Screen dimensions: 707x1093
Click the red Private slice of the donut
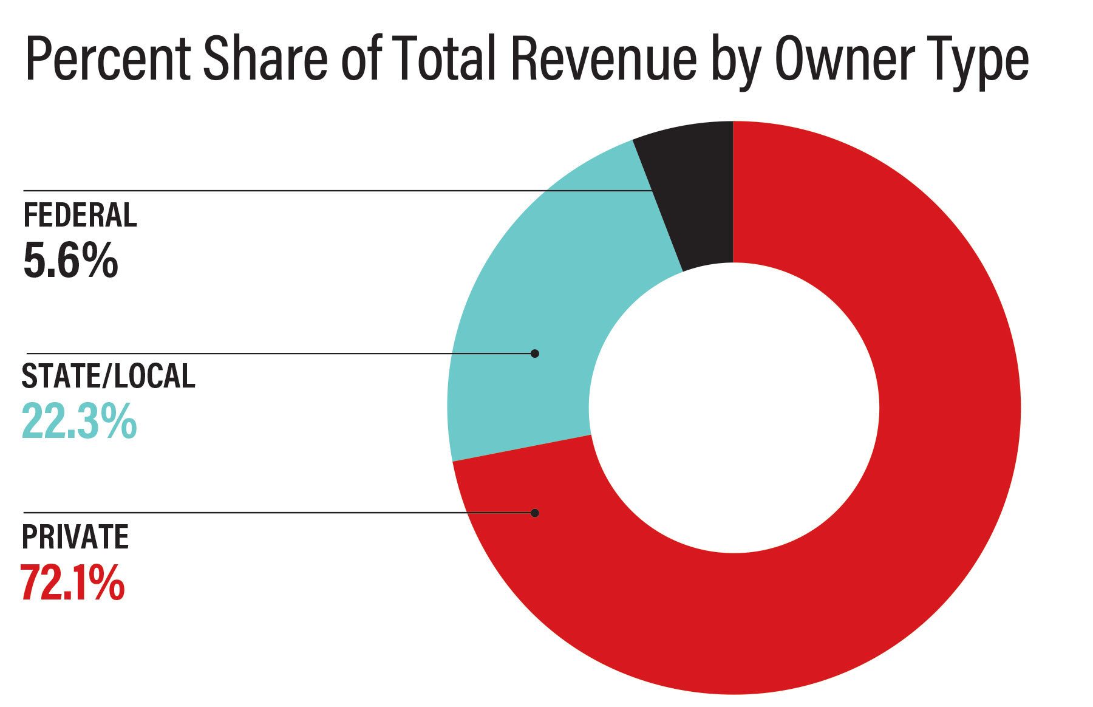point(880,547)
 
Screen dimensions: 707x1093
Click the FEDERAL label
point(80,216)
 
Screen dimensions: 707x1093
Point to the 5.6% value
point(70,261)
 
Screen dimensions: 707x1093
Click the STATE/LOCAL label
point(108,376)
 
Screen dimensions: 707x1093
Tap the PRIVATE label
point(75,536)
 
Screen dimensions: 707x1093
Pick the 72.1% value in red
point(72,582)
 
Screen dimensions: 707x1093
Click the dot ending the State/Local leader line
point(534,353)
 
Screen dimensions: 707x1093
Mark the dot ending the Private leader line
point(534,513)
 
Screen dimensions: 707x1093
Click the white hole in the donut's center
point(734,408)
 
